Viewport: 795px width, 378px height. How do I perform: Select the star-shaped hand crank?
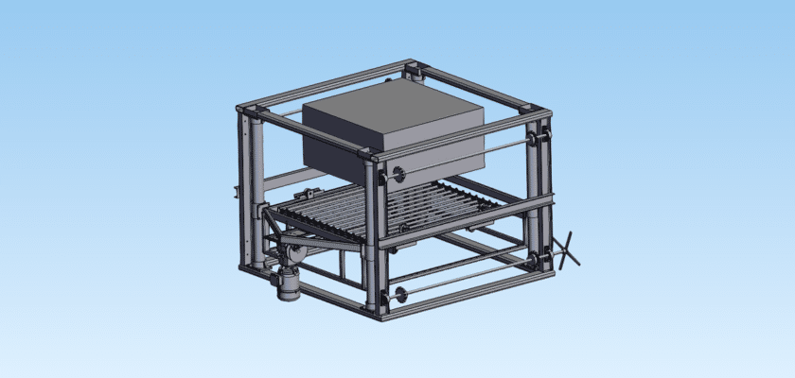click(567, 250)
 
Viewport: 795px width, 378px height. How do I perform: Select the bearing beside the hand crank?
click(542, 256)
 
